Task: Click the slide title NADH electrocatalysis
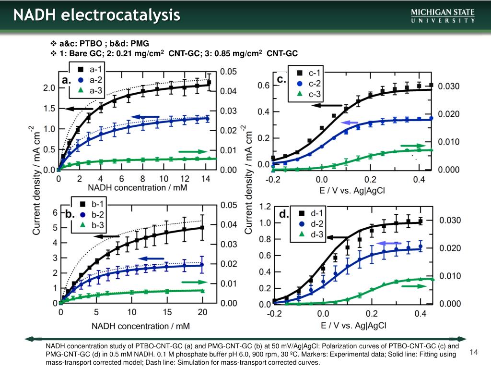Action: (96, 16)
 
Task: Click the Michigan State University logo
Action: (443, 16)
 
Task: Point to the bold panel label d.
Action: (283, 214)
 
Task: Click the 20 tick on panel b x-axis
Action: (202, 312)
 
